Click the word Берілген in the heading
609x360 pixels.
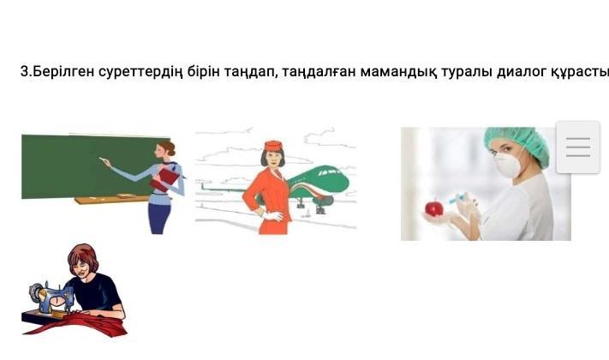[x=62, y=72]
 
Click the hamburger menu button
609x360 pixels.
[x=578, y=147]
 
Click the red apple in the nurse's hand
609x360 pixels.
[x=433, y=208]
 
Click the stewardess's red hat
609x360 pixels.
[x=272, y=146]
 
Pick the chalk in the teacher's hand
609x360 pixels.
[x=102, y=159]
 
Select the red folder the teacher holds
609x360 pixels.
[x=165, y=180]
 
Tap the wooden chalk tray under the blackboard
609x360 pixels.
[x=111, y=199]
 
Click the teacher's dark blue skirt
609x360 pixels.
[x=158, y=218]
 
